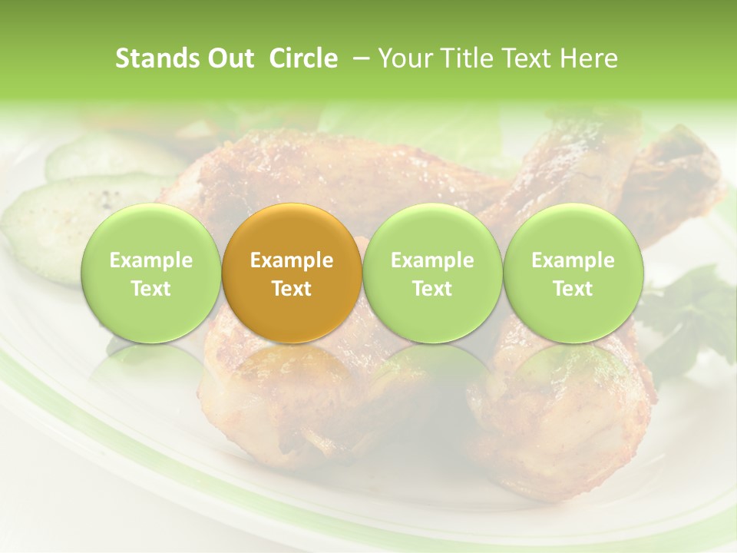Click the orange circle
(292, 273)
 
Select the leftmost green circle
(150, 273)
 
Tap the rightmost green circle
(573, 273)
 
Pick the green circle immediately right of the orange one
(432, 273)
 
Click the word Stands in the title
(157, 58)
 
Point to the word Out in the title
(230, 58)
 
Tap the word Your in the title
(402, 58)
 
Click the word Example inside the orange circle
(292, 261)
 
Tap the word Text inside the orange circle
(292, 289)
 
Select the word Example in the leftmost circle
(150, 261)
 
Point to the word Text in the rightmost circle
(573, 289)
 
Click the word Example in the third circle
(432, 261)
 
